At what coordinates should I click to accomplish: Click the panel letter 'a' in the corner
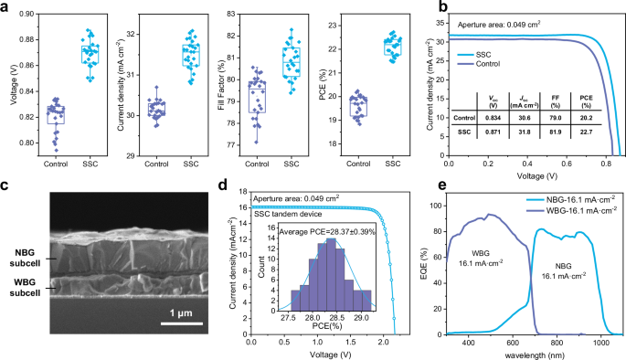click(6, 7)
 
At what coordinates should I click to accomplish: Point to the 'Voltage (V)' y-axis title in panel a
click(8, 83)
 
